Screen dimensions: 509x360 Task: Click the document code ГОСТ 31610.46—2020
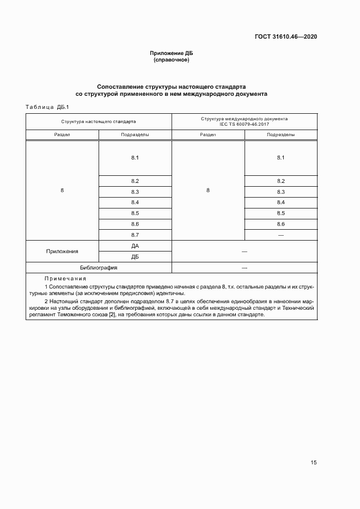tap(286, 37)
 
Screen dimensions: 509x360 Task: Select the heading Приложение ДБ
tap(172, 53)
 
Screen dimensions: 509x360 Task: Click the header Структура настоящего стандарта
tap(99, 121)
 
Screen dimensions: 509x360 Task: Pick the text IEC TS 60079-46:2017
tap(244, 124)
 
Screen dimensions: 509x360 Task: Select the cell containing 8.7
tap(135, 235)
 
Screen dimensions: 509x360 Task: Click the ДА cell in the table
tap(135, 246)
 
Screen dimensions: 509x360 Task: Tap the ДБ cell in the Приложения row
tap(135, 256)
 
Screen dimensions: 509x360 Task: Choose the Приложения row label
tap(62, 252)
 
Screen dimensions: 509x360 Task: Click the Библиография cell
tap(99, 268)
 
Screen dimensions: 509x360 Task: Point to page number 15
tap(313, 463)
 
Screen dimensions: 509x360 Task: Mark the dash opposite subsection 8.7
tap(281, 235)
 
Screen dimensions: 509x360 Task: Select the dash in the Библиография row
tap(244, 268)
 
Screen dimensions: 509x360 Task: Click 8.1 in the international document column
tap(281, 158)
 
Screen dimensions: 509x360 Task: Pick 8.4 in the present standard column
tap(135, 203)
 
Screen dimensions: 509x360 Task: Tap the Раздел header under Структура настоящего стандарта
tap(62, 134)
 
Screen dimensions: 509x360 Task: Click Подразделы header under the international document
tap(281, 134)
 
